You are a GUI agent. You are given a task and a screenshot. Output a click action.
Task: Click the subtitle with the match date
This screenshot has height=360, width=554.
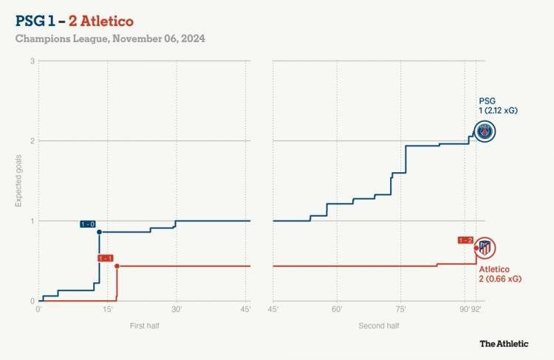[x=110, y=38]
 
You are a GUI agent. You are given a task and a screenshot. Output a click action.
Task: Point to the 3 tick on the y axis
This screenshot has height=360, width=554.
[x=33, y=61]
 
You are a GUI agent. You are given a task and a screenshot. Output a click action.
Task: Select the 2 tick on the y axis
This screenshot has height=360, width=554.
[x=33, y=140]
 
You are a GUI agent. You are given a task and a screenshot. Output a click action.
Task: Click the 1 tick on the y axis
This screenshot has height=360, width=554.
[x=33, y=221]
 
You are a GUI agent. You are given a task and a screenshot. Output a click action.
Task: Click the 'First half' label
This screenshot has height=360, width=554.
[x=144, y=325]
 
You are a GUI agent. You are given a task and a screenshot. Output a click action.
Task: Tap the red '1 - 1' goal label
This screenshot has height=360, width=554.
[x=106, y=258]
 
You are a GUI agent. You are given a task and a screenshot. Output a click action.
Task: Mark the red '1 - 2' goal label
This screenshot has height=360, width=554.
[x=465, y=240]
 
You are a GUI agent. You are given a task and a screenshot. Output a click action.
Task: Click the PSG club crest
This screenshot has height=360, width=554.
[x=485, y=132]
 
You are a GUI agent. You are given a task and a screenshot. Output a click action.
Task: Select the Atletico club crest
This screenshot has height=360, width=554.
[x=485, y=248]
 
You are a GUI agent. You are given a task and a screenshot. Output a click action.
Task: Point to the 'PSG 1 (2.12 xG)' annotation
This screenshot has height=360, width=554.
[x=497, y=106]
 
